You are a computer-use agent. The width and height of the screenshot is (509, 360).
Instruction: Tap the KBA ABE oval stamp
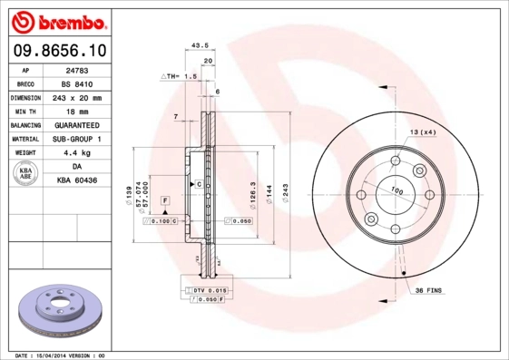pos(25,173)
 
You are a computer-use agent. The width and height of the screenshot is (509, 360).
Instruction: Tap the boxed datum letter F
pos(165,199)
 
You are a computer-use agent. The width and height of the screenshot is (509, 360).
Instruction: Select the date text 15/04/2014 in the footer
pos(58,355)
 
